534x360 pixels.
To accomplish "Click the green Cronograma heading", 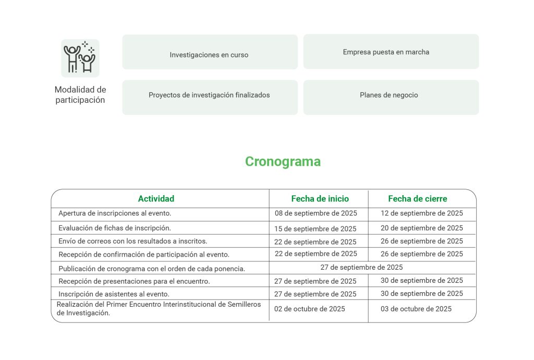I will point(283,162).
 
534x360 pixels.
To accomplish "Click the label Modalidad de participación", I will point(80,95).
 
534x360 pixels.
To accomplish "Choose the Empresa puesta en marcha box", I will point(391,52).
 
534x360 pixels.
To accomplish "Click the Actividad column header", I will point(156,199).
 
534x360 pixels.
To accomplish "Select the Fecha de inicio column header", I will point(320,199).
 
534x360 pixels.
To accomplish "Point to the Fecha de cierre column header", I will point(417,199).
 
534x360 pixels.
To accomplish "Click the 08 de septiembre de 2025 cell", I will point(315,213).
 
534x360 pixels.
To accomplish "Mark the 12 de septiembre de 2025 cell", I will point(422,213).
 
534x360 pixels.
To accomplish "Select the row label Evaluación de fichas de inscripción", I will point(115,228).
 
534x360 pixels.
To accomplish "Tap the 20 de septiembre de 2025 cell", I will point(422,228).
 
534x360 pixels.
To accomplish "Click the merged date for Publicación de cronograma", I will point(361,268).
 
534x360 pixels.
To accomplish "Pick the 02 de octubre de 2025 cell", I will point(310,309).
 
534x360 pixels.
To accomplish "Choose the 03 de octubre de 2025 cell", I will point(416,309).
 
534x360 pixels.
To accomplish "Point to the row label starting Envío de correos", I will point(132,241).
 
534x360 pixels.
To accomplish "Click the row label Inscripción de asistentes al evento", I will point(114,294).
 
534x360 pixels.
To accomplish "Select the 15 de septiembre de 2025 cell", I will point(315,229).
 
